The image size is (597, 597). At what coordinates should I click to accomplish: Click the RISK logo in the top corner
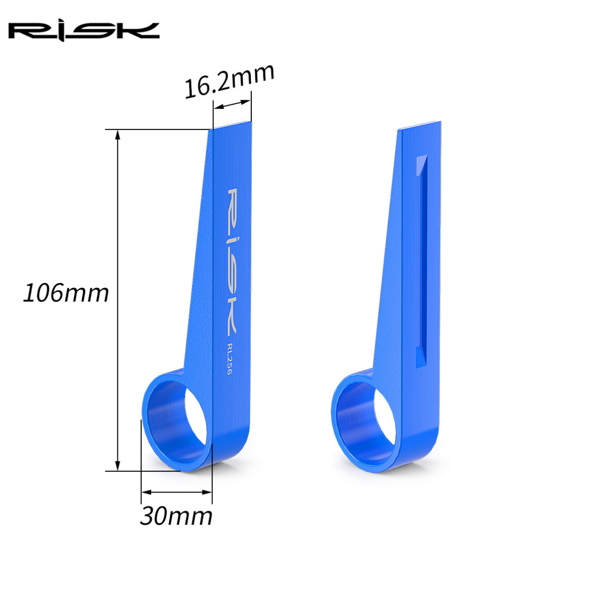pos(84,31)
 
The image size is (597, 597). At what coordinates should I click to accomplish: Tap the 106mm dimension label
pos(66,293)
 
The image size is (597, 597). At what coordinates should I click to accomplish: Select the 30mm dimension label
pos(176,515)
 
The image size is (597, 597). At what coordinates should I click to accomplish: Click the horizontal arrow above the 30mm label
pos(177,493)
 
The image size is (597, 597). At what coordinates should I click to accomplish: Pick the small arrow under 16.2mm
pos(232,104)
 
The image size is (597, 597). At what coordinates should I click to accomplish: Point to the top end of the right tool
pos(419,126)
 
